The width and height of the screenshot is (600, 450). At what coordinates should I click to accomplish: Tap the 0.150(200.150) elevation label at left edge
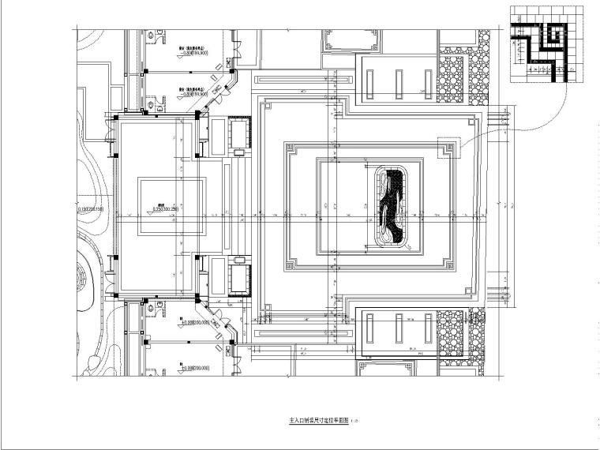tap(92, 209)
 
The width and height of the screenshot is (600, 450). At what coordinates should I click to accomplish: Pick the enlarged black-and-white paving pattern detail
tap(544, 43)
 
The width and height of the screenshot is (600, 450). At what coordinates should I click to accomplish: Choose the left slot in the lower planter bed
tap(372, 330)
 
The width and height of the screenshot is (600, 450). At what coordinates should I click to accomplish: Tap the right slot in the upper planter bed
tap(428, 83)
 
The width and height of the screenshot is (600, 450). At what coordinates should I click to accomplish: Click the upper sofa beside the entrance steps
tap(238, 132)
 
